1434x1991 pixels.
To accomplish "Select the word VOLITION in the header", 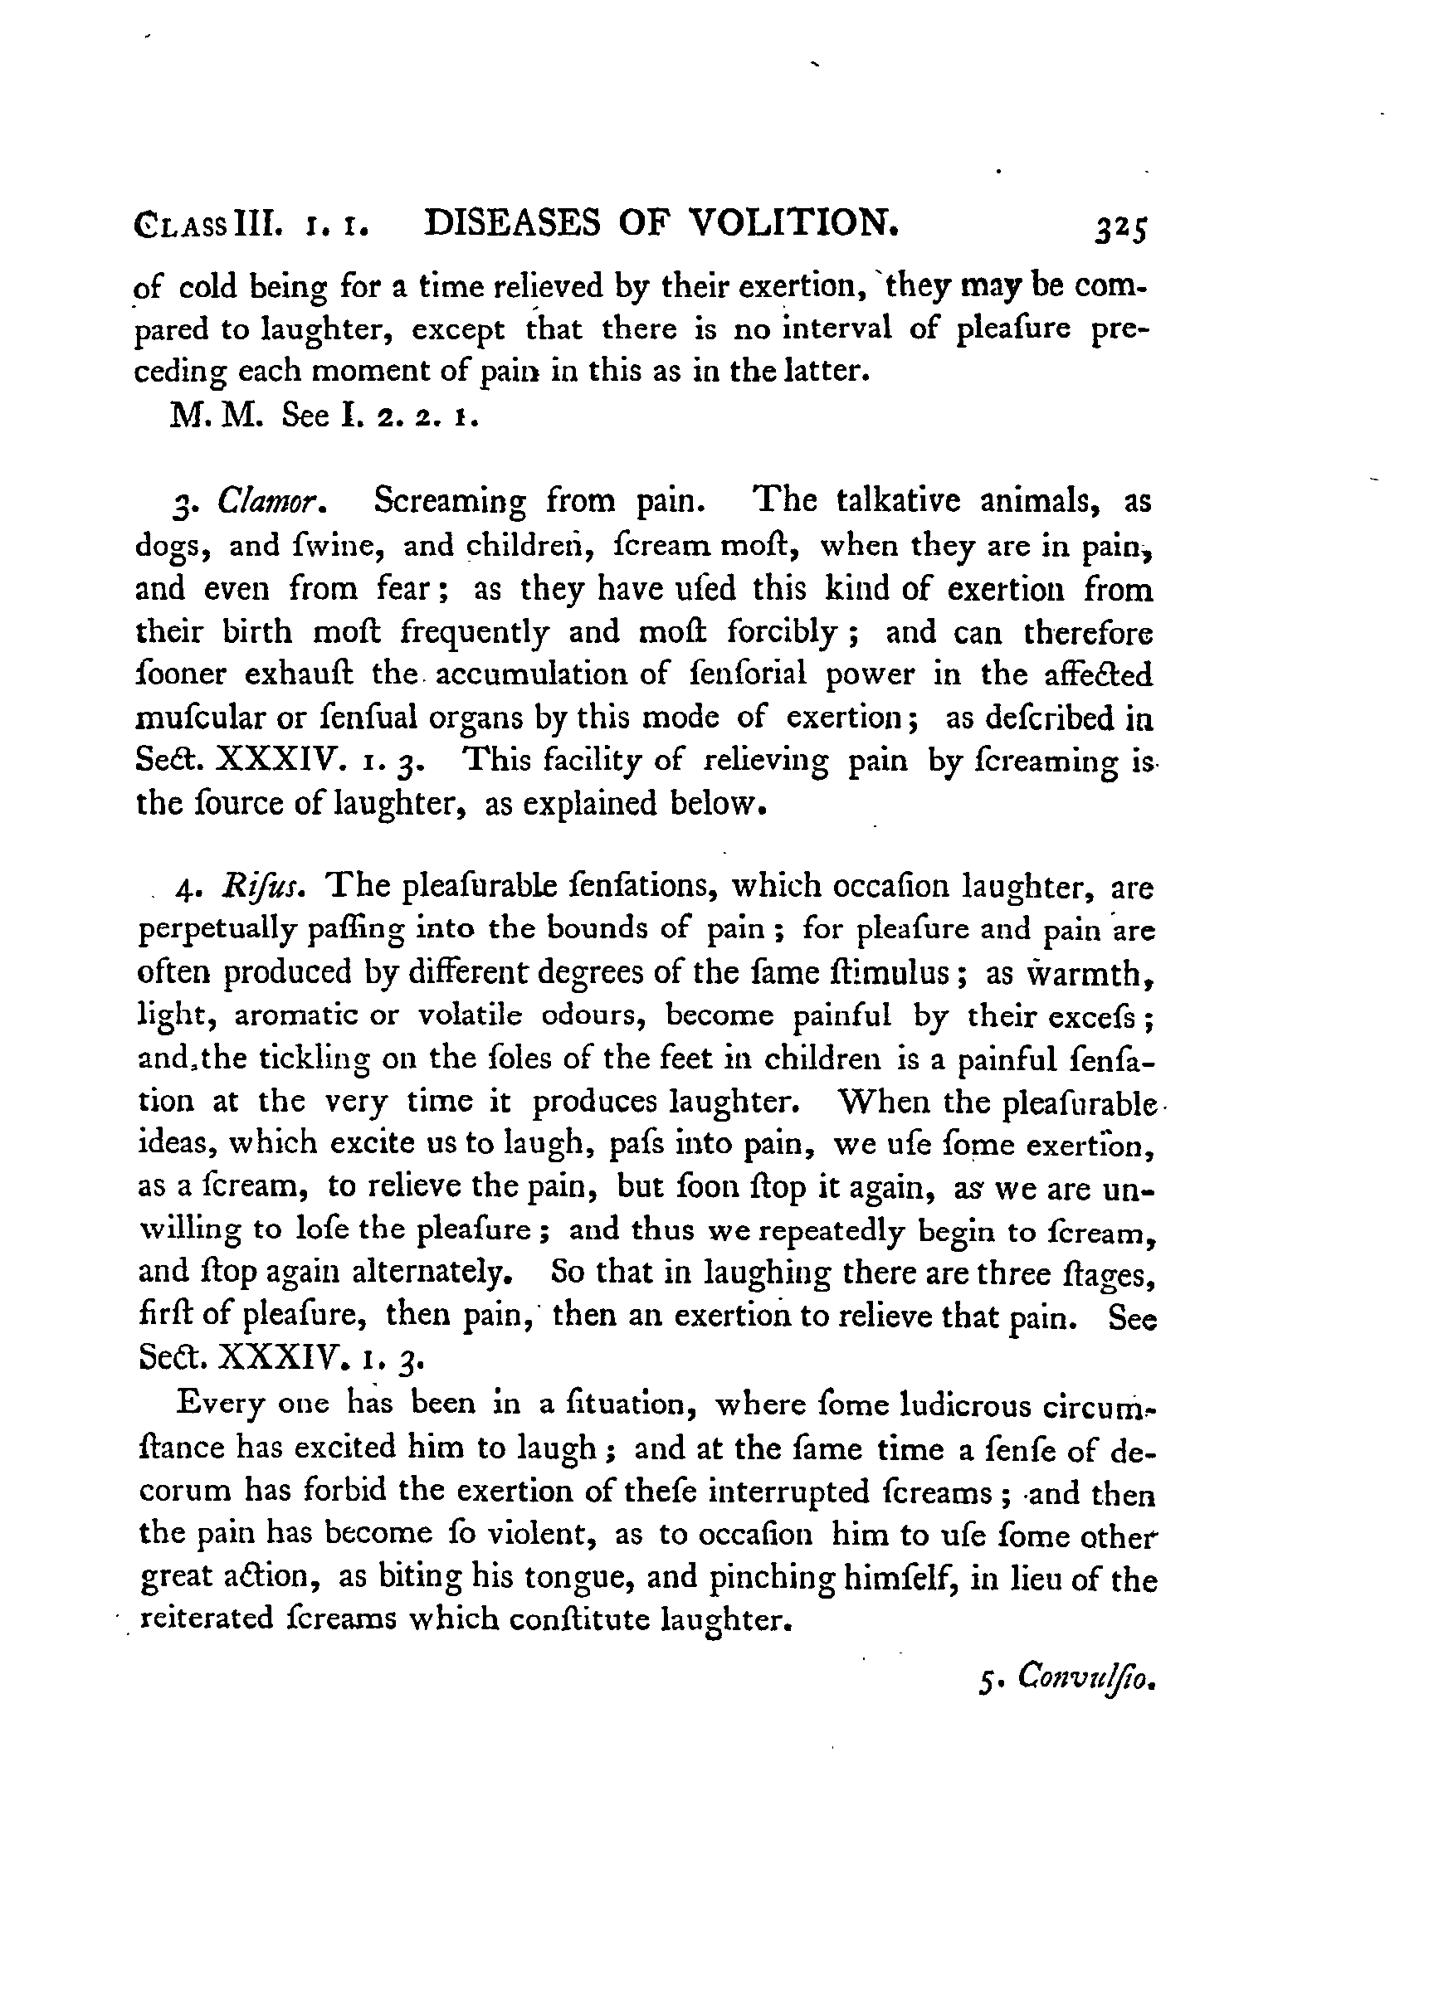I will click(791, 225).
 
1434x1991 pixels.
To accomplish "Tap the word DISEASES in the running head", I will click(513, 225).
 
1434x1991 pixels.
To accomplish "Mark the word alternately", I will click(427, 1272).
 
